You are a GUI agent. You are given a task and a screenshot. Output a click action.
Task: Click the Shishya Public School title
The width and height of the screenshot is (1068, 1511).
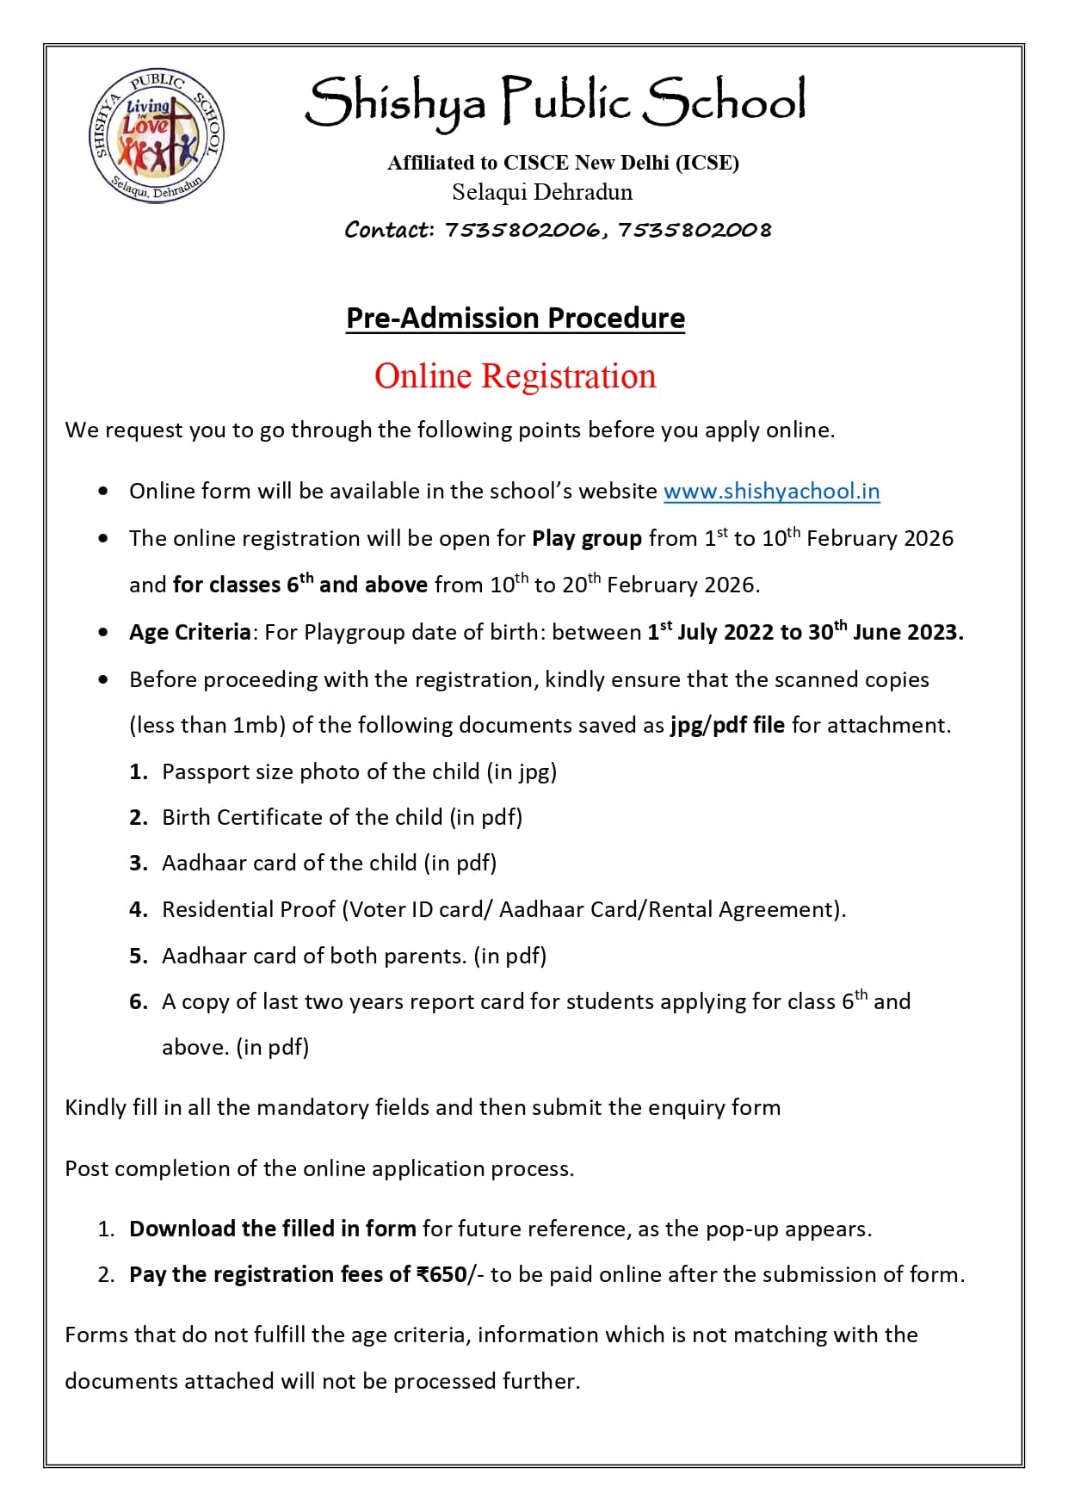point(555,102)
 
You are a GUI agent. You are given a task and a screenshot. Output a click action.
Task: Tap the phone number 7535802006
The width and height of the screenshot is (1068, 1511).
point(522,230)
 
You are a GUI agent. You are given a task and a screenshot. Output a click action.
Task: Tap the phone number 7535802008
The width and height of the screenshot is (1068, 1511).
point(695,230)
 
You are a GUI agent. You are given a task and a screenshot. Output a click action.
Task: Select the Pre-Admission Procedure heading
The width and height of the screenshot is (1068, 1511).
point(515,318)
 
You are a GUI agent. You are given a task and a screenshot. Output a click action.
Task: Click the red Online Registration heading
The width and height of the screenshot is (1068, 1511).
point(515,376)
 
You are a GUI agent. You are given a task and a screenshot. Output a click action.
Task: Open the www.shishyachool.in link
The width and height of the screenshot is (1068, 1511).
point(771,491)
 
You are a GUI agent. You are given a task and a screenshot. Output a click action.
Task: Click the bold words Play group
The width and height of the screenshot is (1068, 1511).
point(587,539)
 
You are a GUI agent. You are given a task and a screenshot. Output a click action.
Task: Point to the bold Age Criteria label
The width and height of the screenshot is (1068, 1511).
point(189,633)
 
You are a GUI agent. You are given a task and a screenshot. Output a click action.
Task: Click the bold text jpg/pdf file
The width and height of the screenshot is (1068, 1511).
point(727,725)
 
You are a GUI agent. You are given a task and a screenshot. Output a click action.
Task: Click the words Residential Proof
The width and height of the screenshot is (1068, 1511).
point(249,909)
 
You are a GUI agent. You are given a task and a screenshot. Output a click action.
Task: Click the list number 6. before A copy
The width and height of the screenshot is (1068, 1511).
point(139,1002)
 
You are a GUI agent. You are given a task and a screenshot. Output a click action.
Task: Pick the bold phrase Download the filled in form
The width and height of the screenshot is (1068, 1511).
point(273,1229)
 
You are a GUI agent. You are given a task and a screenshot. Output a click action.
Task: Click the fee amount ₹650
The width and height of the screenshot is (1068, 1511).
point(441,1274)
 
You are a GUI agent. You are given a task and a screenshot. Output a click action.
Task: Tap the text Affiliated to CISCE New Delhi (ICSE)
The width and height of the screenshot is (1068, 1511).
point(563,163)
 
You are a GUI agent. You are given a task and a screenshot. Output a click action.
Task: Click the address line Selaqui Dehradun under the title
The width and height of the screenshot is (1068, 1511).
point(542,192)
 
